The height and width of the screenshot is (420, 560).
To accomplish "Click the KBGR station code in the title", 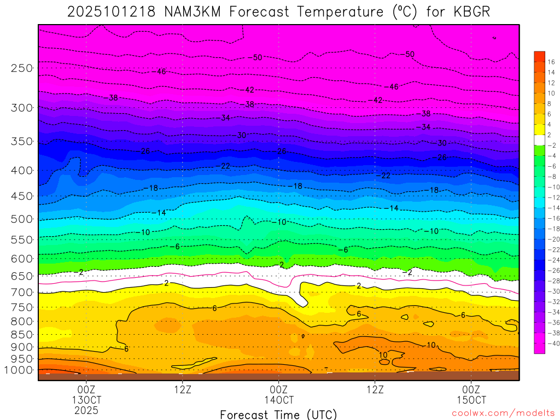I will [470, 12].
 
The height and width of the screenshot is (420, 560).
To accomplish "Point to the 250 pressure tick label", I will [22, 68].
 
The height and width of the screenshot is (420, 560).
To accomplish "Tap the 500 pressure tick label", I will [22, 219].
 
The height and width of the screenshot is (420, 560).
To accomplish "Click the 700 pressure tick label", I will [22, 293].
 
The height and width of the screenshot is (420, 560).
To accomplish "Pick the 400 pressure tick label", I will [22, 171].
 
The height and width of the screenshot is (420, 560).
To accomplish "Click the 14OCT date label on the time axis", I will [279, 399].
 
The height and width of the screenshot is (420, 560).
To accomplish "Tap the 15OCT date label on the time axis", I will [471, 399].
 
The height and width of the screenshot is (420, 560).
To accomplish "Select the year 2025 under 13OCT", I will [86, 410].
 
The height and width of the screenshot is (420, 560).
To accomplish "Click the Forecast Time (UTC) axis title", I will [279, 415].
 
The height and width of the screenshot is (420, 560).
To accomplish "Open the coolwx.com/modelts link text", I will [502, 413].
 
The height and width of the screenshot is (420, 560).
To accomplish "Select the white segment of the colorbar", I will [539, 139].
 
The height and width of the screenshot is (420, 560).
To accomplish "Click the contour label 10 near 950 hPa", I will [383, 355].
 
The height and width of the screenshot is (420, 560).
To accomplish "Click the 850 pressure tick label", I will [22, 334].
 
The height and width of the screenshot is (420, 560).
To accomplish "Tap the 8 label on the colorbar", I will [550, 103].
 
